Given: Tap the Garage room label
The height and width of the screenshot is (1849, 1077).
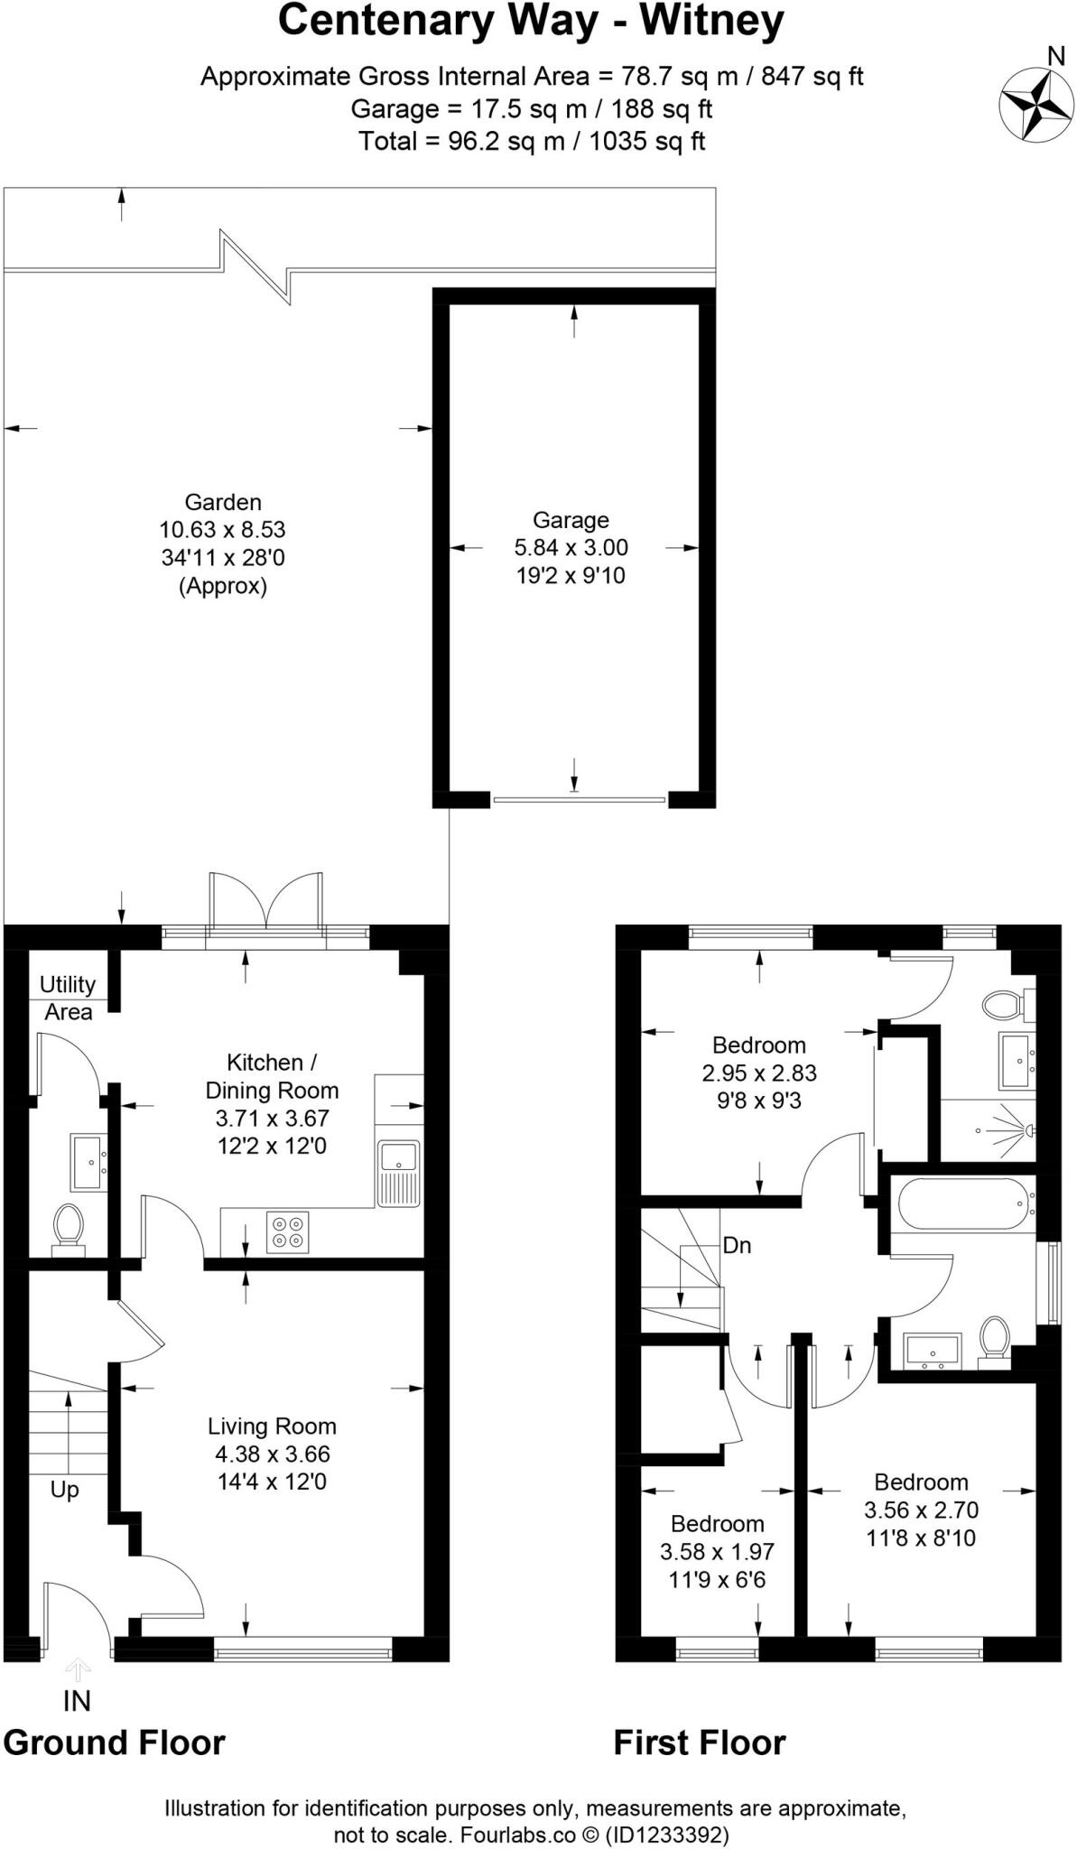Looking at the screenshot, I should click(571, 520).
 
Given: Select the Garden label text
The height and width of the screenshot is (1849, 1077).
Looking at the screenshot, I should click(223, 503).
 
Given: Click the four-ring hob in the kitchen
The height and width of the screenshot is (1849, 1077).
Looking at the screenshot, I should click(288, 1231).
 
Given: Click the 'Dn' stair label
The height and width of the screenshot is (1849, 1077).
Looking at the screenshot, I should click(737, 1246).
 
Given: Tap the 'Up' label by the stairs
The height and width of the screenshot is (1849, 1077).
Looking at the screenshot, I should click(64, 1489).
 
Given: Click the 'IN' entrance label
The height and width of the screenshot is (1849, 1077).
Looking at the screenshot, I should click(77, 1701).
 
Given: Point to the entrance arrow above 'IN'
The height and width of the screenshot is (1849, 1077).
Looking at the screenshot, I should click(78, 1668).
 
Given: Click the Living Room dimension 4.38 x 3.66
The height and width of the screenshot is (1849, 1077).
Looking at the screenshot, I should click(272, 1454).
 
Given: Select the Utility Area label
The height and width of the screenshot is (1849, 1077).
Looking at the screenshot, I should click(68, 998).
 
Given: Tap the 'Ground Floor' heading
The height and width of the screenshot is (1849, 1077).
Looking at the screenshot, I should click(114, 1742).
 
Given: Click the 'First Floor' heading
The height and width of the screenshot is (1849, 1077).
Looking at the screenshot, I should click(699, 1742).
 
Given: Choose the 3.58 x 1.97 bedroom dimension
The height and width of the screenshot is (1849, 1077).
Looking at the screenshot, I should click(717, 1552).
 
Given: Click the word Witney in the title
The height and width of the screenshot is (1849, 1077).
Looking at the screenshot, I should click(711, 22).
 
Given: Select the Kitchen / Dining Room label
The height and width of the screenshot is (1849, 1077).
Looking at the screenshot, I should click(272, 1076).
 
